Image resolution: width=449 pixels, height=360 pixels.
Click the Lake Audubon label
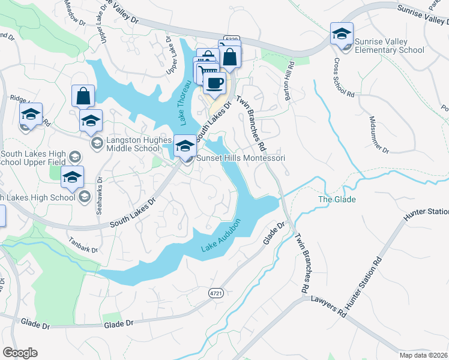pyautogui.click(x=220, y=239)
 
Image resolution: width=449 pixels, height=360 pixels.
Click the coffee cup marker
pyautogui.click(x=214, y=83)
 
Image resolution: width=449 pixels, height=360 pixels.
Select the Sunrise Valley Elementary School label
pyautogui.click(x=381, y=46)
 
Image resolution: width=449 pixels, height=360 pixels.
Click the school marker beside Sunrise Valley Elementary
pyautogui.click(x=342, y=34)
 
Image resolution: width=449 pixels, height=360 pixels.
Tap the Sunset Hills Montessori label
pyautogui.click(x=240, y=158)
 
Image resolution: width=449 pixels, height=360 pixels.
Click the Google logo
pyautogui.click(x=20, y=353)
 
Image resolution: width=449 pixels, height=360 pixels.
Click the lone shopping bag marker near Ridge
pyautogui.click(x=83, y=96)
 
